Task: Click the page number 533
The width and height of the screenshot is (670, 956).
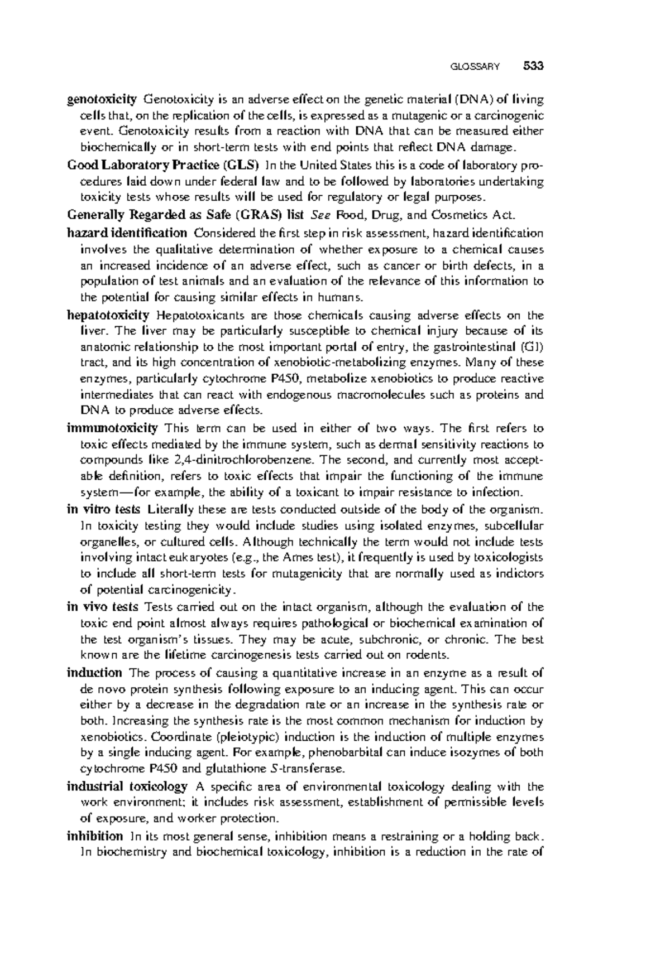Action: [x=533, y=66]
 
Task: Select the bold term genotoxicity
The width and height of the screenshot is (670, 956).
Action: [x=102, y=100]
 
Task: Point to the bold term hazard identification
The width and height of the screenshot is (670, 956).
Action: [x=127, y=232]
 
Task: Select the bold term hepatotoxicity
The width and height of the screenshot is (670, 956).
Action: [x=108, y=315]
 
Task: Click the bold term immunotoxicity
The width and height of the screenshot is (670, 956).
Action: [x=112, y=428]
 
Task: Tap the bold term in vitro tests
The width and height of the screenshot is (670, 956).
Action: [x=104, y=509]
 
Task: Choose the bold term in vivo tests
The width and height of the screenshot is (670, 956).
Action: [x=103, y=607]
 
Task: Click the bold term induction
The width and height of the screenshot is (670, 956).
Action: [x=94, y=673]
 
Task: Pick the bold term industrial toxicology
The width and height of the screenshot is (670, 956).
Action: [x=127, y=786]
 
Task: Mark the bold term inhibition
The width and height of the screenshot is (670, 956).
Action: [x=94, y=836]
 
